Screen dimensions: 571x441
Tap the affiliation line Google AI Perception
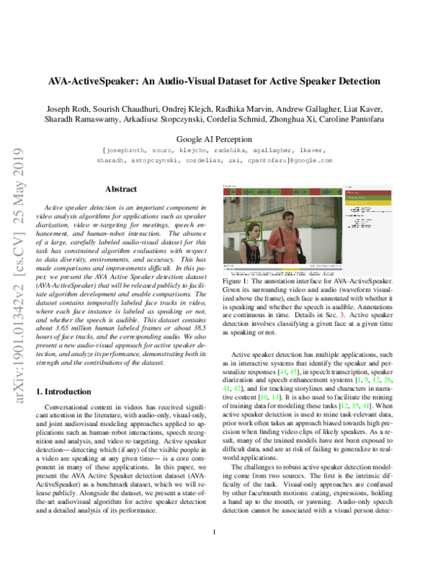tap(220, 138)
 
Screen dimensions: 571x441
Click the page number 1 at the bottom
tap(214, 552)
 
